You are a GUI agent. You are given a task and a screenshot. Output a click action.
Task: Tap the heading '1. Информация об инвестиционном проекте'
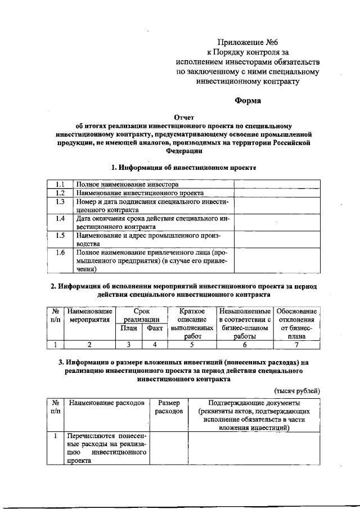point(184,168)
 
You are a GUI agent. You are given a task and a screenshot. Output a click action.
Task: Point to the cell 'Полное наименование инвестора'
point(128,184)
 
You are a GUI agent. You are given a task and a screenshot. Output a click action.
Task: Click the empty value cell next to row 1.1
point(277,184)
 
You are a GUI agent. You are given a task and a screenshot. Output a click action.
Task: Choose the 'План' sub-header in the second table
point(129,328)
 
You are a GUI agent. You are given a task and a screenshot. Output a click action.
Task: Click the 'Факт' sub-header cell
point(154,328)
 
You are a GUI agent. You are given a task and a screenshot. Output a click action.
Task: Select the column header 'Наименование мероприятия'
point(88,316)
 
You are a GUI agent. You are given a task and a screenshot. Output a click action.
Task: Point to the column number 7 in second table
point(296,345)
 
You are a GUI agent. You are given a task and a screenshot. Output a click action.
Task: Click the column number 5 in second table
point(191,345)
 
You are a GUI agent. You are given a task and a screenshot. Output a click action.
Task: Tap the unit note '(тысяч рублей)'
point(297,390)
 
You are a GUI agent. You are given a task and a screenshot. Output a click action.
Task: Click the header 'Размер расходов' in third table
point(169,407)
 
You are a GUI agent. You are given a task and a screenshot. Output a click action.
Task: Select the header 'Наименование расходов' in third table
point(106,403)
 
